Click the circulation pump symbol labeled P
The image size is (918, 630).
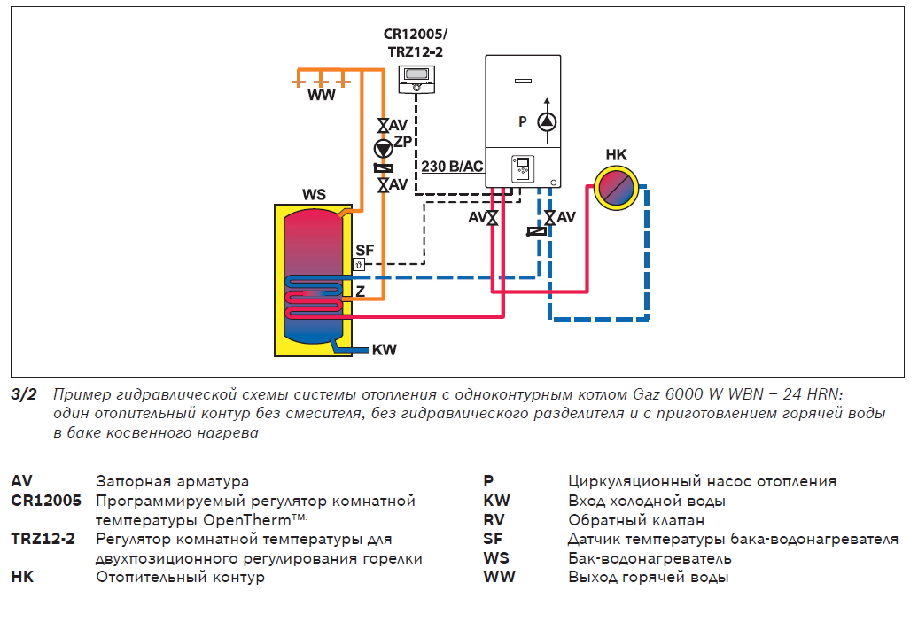click(549, 122)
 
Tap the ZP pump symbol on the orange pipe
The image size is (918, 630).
click(382, 147)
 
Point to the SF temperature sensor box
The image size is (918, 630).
click(359, 264)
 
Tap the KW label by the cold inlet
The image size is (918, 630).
click(384, 350)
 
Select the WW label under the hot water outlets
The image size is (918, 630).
click(322, 96)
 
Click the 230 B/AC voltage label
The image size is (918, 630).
click(451, 166)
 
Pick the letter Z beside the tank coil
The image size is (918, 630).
click(360, 291)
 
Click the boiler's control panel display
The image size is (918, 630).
click(522, 168)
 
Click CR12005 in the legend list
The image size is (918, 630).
click(46, 502)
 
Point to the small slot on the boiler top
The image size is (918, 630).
click(522, 82)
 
